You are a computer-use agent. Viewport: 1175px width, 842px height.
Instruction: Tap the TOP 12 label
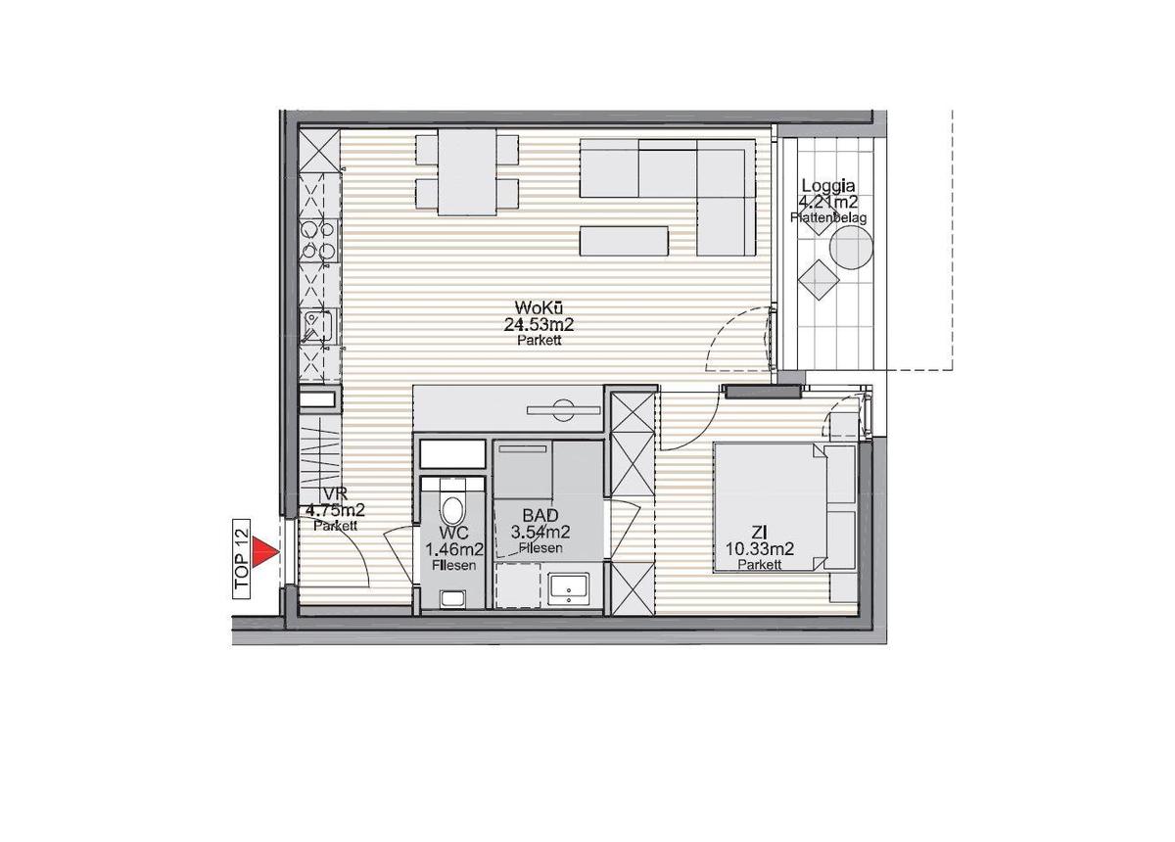(x=242, y=559)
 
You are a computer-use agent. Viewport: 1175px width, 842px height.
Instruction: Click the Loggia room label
(x=828, y=186)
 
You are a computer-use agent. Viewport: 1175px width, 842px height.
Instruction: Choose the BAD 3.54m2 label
(x=540, y=523)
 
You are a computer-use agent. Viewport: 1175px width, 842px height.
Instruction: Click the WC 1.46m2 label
(x=451, y=548)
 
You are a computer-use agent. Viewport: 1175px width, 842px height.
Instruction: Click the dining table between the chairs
(x=465, y=173)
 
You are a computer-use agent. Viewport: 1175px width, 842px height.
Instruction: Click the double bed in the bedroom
(x=783, y=507)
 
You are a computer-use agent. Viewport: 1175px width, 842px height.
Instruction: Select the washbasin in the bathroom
(x=568, y=587)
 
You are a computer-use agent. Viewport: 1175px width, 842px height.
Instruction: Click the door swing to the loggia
(x=739, y=338)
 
